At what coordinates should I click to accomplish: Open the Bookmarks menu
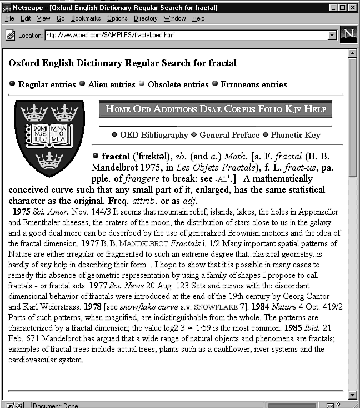point(86,18)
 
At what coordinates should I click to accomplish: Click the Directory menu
point(146,18)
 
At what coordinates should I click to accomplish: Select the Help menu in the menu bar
point(198,18)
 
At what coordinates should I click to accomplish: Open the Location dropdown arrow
point(332,35)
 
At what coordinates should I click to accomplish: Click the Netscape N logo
point(348,34)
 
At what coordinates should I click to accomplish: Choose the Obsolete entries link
point(178,84)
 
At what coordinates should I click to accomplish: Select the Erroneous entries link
point(254,84)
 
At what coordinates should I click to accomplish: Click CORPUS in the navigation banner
point(243,109)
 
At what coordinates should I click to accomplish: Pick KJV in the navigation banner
point(293,109)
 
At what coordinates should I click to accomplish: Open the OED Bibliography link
point(154,135)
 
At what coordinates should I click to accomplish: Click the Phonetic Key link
point(296,135)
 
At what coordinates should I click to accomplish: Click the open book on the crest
point(49,135)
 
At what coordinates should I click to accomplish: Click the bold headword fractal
point(114,157)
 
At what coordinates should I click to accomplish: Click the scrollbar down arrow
point(352,395)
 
